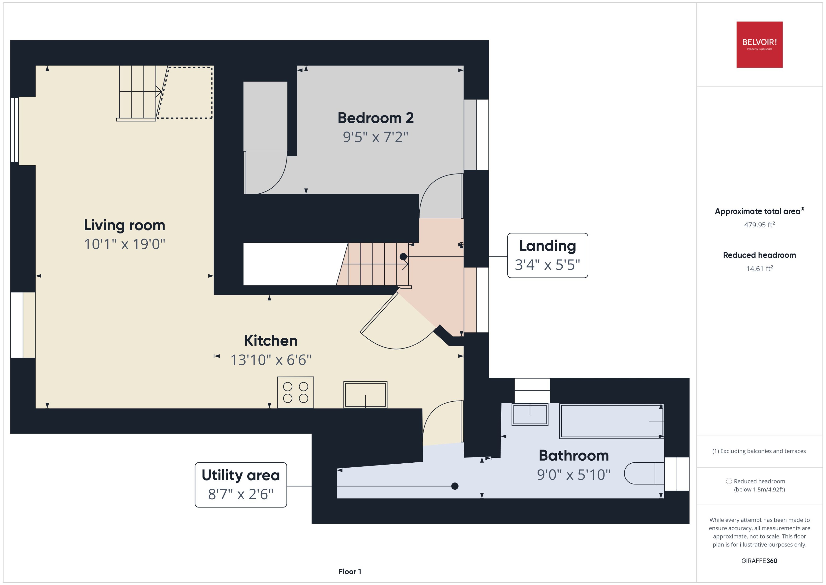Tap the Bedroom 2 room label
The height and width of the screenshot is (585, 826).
point(375,118)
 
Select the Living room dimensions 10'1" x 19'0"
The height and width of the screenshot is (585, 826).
point(125,244)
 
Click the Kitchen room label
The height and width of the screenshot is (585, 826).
point(271,340)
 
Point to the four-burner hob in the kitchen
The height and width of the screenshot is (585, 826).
point(295,392)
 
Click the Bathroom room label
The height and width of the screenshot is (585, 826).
point(574,455)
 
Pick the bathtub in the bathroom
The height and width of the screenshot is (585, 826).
point(611,421)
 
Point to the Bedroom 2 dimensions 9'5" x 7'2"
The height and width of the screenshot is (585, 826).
point(375,137)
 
